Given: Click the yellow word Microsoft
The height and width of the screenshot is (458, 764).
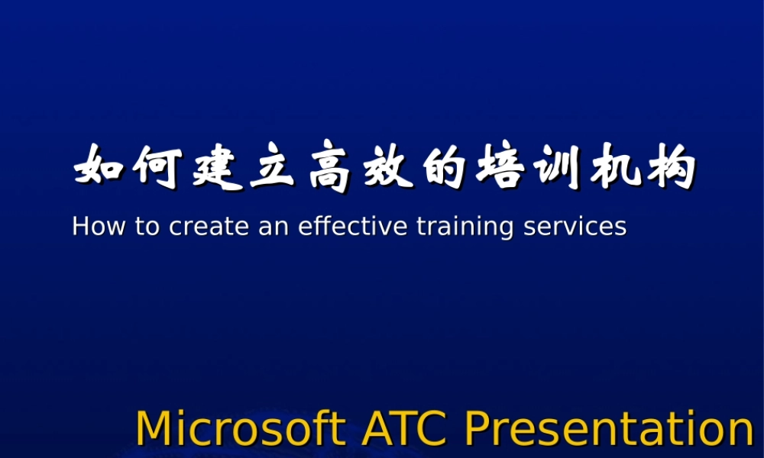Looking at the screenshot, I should click(x=241, y=428).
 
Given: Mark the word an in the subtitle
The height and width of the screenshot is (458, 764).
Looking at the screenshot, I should click(x=266, y=226).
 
